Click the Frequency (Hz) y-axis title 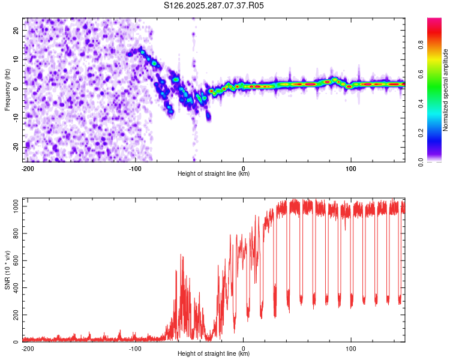pyautogui.click(x=7, y=89)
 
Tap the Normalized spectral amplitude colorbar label pyautogui.click(x=446, y=90)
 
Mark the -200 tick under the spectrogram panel pyautogui.click(x=27, y=168)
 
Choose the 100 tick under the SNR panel pyautogui.click(x=351, y=348)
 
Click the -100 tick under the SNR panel pyautogui.click(x=135, y=348)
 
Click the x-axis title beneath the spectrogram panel pyautogui.click(x=214, y=174)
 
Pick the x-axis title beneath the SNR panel pyautogui.click(x=214, y=354)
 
